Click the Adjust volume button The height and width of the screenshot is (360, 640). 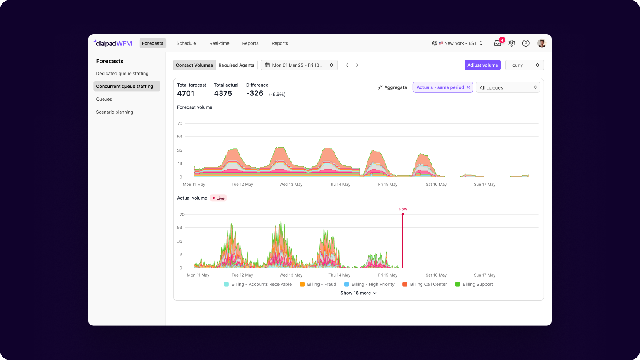point(482,65)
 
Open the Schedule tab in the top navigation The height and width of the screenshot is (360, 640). point(186,43)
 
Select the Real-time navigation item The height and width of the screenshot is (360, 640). point(219,43)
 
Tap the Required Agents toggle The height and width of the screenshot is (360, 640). point(236,65)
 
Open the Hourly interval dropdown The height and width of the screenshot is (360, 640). point(524,65)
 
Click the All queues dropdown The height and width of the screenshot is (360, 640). point(508,87)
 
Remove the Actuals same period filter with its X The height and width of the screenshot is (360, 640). point(468,87)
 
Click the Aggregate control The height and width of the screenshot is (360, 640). point(392,87)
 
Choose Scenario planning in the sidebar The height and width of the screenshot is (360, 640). point(115,112)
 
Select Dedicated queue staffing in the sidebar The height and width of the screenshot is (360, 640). point(122,73)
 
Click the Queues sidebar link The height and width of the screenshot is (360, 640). point(104,99)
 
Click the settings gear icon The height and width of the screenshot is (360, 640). point(512,43)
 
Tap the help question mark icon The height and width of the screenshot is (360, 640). point(526,43)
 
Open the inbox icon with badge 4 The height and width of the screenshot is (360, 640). point(498,43)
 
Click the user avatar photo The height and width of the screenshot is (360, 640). point(542,43)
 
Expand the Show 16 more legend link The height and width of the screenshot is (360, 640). point(358,293)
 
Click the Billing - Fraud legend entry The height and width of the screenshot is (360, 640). point(318,284)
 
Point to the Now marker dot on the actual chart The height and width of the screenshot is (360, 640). point(403,214)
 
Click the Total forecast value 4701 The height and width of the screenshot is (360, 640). point(186,93)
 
